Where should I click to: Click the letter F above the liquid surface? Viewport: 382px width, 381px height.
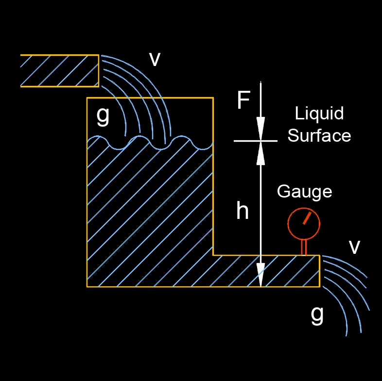[x=243, y=101]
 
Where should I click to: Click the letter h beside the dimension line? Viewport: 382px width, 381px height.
[x=242, y=211]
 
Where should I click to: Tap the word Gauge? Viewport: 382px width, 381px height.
[x=304, y=191]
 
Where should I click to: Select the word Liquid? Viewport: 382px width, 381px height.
[x=319, y=114]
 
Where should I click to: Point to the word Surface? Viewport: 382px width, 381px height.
[x=319, y=135]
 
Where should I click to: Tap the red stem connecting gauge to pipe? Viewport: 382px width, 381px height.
[x=304, y=247]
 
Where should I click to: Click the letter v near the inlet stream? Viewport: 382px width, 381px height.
[x=155, y=59]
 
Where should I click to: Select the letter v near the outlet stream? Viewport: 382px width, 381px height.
[x=355, y=247]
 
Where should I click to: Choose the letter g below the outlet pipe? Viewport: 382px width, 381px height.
[x=317, y=315]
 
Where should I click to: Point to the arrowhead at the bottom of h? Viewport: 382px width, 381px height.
[x=261, y=276]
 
